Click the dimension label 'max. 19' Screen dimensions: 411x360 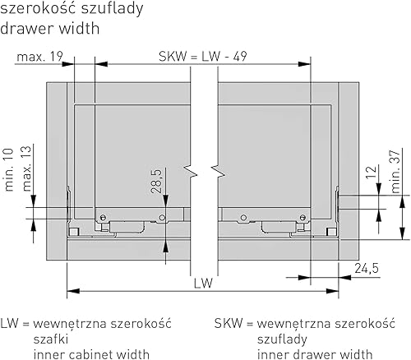(39, 57)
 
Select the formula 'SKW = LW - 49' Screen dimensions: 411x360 (203, 57)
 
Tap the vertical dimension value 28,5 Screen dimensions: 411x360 (157, 182)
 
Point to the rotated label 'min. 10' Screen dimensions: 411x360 (9, 170)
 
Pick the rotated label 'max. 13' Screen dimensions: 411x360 (26, 168)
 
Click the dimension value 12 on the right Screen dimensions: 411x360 (372, 172)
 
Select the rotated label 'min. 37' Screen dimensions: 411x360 (395, 172)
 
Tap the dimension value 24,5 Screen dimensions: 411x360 (367, 268)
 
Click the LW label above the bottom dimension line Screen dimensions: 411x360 (203, 283)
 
